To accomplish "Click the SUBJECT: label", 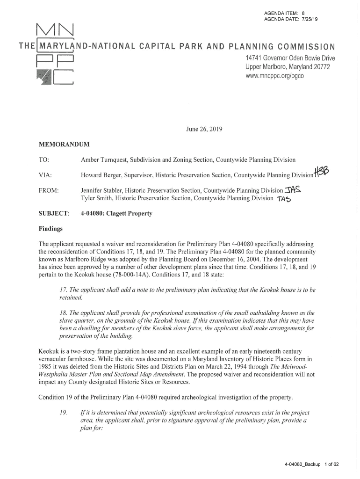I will click(x=53, y=214).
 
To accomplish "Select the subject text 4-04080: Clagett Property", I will click(x=117, y=214).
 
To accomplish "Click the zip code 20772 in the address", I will click(x=320, y=67).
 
